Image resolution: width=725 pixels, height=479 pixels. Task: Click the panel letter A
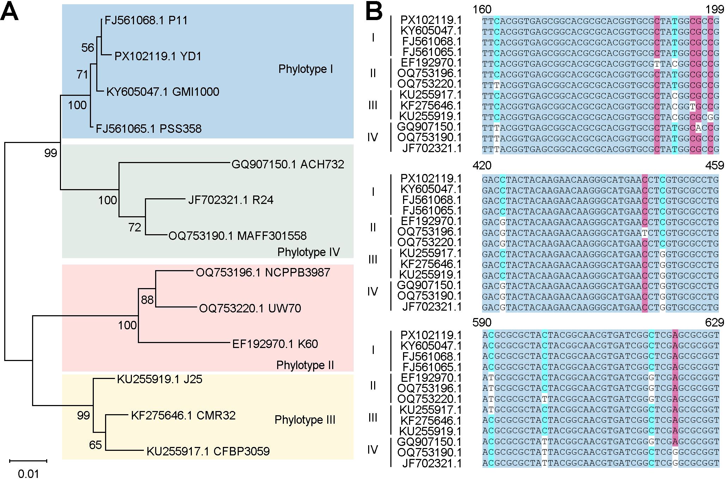(10, 14)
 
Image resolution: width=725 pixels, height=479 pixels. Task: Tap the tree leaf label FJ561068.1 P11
(146, 20)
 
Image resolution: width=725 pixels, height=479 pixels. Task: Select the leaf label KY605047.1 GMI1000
(163, 92)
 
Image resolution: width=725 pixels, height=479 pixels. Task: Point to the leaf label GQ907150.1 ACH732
(287, 164)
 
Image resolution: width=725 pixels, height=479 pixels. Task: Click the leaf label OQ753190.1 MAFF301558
(237, 236)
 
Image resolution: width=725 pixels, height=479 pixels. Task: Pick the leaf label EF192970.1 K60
(275, 344)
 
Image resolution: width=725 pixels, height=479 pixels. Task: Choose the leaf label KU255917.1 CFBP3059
(208, 451)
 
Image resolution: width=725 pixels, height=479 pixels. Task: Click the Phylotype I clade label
(305, 69)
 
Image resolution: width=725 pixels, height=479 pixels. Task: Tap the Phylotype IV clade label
(308, 252)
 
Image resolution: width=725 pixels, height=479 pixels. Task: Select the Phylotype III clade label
(305, 420)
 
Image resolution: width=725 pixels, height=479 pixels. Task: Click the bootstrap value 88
(147, 300)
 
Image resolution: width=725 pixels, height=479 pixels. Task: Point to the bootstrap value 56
(88, 48)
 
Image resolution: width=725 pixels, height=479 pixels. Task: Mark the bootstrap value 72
(135, 228)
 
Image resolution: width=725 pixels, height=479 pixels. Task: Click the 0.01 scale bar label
(28, 474)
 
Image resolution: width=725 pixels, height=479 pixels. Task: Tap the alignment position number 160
(482, 10)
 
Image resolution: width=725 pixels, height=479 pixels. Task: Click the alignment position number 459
(714, 166)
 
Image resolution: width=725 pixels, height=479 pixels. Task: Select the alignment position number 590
(482, 322)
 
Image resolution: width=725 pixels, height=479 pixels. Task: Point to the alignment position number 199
(714, 10)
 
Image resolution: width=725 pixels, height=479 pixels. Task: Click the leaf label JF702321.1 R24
(231, 200)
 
